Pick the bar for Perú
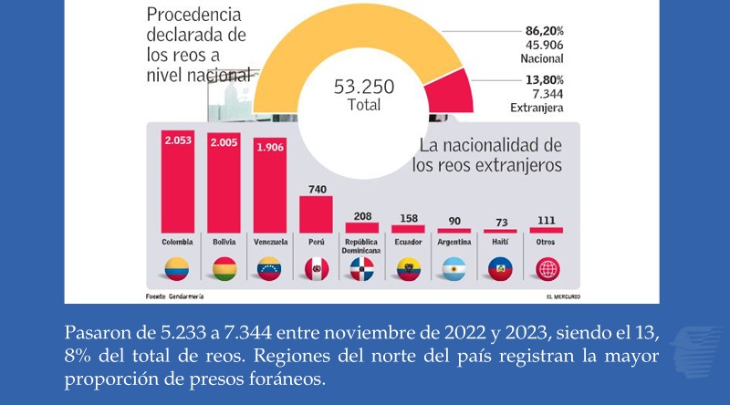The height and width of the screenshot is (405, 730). [316, 214]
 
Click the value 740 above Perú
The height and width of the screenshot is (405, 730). [316, 187]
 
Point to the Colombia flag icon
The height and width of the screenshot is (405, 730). [178, 269]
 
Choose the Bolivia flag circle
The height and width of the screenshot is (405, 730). [224, 269]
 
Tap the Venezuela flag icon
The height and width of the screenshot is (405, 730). [270, 269]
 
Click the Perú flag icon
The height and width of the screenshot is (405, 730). [316, 269]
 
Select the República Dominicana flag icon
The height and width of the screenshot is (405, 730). [362, 269]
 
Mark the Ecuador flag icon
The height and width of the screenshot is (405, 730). [408, 269]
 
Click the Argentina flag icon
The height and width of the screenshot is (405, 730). [454, 269]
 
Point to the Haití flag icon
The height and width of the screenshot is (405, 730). [500, 269]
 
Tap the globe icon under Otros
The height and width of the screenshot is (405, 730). [546, 269]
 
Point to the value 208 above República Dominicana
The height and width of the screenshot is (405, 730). [362, 215]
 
